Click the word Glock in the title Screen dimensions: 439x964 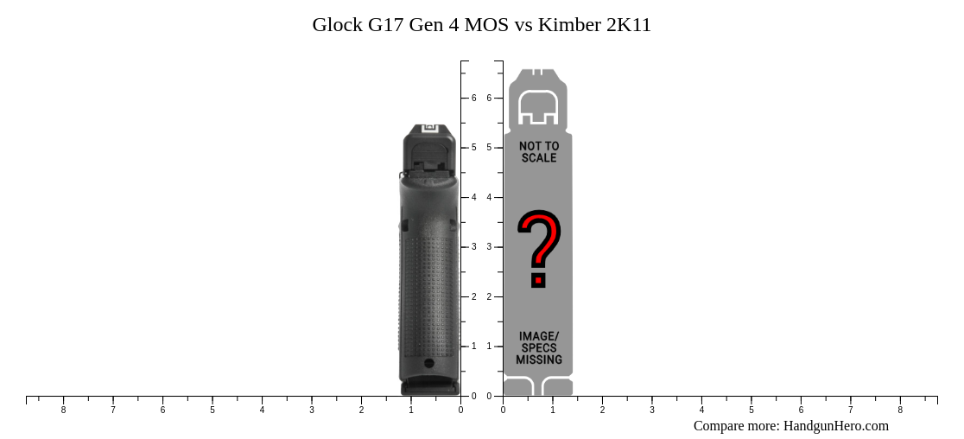pyautogui.click(x=338, y=25)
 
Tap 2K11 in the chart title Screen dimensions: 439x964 pyautogui.click(x=629, y=25)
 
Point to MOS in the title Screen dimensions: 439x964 pyautogui.click(x=486, y=25)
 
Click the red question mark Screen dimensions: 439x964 pyautogui.click(x=539, y=248)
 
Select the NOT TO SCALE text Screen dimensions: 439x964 pyautogui.click(x=539, y=152)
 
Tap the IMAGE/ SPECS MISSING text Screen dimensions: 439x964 pyautogui.click(x=539, y=347)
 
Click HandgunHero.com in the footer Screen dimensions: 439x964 pyautogui.click(x=835, y=426)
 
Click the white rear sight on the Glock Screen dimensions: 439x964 pyautogui.click(x=429, y=129)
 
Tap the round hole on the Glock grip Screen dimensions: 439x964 pyautogui.click(x=429, y=363)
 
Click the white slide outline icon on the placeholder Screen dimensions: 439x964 pyautogui.click(x=538, y=107)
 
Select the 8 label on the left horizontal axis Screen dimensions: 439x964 pyautogui.click(x=63, y=410)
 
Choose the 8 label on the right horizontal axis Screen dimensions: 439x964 pyautogui.click(x=900, y=410)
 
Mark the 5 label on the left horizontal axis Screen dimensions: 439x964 pyautogui.click(x=212, y=410)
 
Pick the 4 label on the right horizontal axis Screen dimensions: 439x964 pyautogui.click(x=701, y=410)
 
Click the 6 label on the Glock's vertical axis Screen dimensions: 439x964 pyautogui.click(x=473, y=99)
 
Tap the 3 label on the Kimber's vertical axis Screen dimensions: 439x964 pyautogui.click(x=489, y=247)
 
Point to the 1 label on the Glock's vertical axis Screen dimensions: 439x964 pyautogui.click(x=473, y=347)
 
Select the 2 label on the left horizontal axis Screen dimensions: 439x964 pyautogui.click(x=361, y=410)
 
